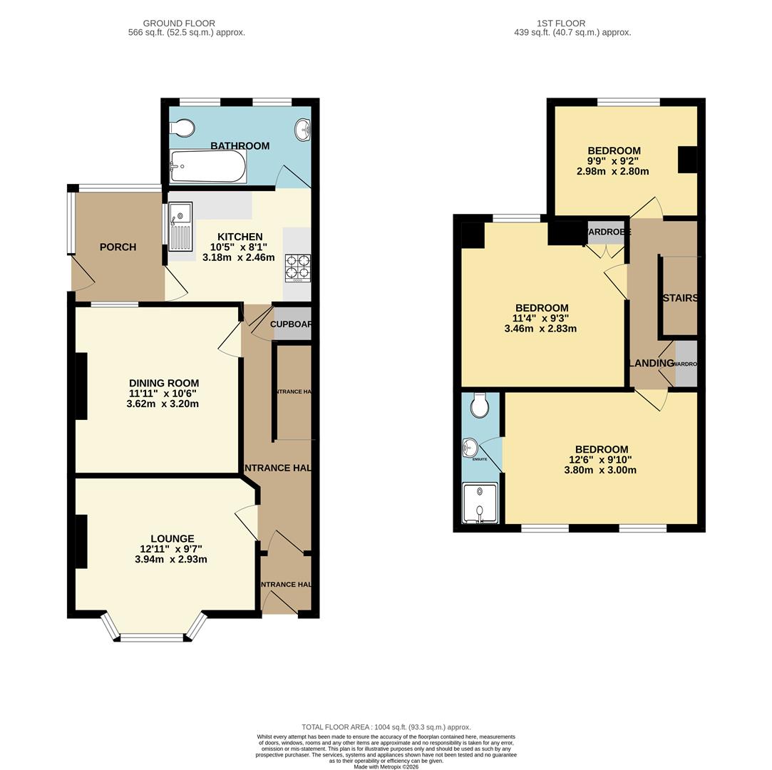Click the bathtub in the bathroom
(x=207, y=167)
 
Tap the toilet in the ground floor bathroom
(x=184, y=128)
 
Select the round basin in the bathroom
(x=302, y=129)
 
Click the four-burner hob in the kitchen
(x=297, y=267)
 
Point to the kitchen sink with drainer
(x=180, y=227)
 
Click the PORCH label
(x=118, y=247)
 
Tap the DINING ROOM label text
(x=164, y=383)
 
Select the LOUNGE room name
(x=173, y=538)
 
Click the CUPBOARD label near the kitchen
(x=291, y=324)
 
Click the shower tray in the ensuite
(x=480, y=503)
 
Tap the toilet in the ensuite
(x=480, y=405)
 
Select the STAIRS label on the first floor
(x=680, y=298)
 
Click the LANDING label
(x=652, y=363)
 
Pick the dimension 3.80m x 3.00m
(x=600, y=470)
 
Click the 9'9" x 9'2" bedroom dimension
(x=613, y=161)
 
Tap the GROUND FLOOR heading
(x=179, y=24)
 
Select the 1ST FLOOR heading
(x=572, y=24)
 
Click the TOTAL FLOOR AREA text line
(x=386, y=727)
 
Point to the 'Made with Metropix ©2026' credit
(x=386, y=766)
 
